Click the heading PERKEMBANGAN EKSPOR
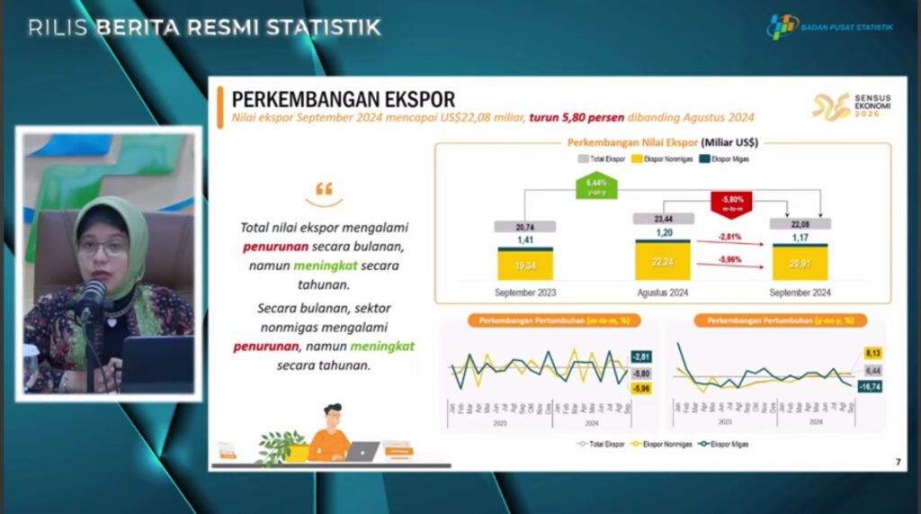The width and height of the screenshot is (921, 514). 343,98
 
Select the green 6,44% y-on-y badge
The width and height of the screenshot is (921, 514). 595,187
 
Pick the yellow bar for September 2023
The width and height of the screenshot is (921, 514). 525,266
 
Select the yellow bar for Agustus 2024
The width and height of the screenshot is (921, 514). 663,261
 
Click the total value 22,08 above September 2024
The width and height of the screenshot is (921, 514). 800,223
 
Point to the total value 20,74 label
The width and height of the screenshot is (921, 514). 525,227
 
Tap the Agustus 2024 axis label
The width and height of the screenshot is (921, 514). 663,293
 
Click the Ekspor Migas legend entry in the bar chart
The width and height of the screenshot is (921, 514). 724,159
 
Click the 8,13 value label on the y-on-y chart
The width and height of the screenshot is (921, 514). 872,353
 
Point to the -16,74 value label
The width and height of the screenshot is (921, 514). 870,386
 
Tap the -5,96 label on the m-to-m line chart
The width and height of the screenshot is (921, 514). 641,389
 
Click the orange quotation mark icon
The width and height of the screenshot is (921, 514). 324,190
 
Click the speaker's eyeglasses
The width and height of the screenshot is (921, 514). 104,246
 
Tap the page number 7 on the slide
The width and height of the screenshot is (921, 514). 897,462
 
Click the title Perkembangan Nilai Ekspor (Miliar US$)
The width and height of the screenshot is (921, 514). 663,142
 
